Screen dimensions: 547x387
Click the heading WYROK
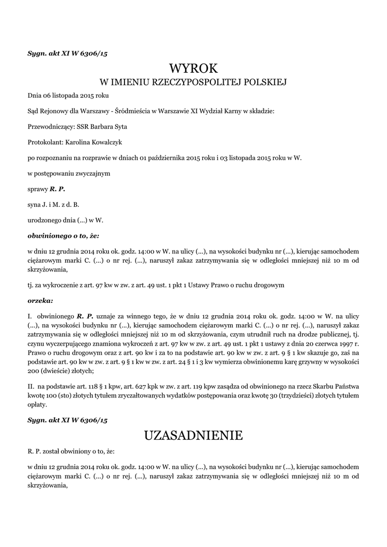coord(194,68)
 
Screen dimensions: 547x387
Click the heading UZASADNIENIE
coord(193,435)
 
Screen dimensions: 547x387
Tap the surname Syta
coord(120,127)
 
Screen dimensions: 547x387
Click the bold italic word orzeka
coord(40,300)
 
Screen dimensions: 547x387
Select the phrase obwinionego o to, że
coord(63,235)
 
